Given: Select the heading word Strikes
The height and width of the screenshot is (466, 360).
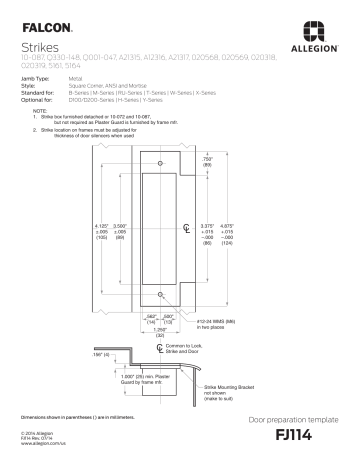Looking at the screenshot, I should coord(38,46).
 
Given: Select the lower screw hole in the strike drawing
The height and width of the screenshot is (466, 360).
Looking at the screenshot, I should coord(159,293).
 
